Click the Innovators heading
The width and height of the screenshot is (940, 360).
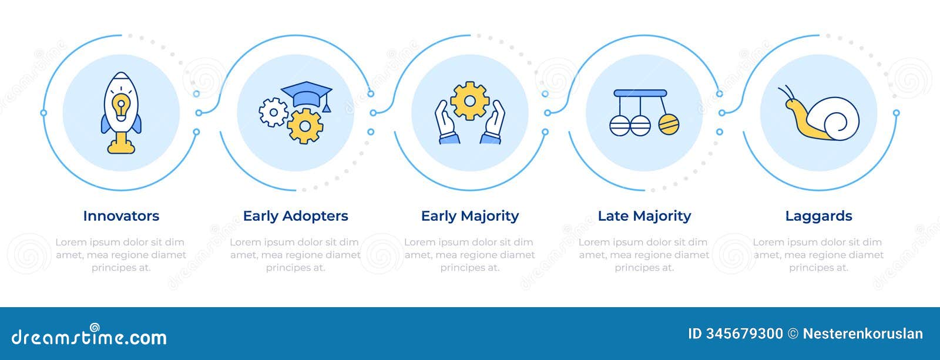(x=121, y=216)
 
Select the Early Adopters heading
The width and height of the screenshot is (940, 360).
(x=296, y=216)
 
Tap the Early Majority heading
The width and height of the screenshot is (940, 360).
(x=470, y=216)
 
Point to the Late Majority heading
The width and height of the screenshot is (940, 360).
(x=644, y=216)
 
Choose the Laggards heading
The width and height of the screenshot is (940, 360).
(x=819, y=216)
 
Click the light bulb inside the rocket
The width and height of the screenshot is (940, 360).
(x=121, y=106)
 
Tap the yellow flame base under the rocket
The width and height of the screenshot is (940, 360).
(x=121, y=143)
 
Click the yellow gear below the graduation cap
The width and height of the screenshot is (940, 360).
(x=305, y=126)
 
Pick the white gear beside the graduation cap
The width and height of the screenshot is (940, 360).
(x=273, y=112)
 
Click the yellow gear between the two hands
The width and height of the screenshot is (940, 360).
(x=469, y=101)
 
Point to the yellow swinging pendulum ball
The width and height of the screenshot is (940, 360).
(x=669, y=124)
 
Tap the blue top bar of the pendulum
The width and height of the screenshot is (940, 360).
(x=640, y=93)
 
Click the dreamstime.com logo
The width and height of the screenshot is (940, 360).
(x=89, y=335)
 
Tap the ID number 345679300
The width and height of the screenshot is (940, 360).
(x=744, y=334)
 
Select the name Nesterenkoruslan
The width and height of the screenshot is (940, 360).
(x=863, y=334)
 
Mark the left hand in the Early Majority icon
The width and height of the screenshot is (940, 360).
(x=446, y=122)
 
